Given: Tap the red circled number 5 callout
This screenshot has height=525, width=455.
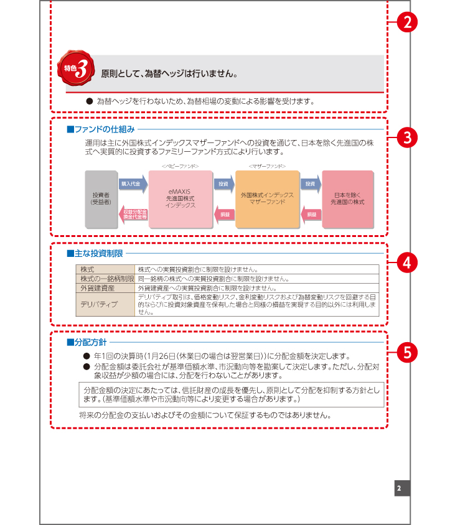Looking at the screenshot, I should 406,351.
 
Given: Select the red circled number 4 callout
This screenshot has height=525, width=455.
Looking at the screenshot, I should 406,262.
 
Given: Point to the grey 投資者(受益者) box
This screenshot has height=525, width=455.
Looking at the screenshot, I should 101,198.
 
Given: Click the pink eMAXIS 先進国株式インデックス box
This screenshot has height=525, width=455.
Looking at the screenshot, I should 181,198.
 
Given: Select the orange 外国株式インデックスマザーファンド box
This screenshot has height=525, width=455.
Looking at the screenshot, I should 267,198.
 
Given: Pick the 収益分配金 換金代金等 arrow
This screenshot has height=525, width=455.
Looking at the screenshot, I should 133,214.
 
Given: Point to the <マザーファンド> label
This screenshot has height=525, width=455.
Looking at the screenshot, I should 267,166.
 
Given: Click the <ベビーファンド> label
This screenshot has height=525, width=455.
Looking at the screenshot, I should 180,166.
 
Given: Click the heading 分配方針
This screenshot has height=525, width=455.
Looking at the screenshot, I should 90,342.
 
